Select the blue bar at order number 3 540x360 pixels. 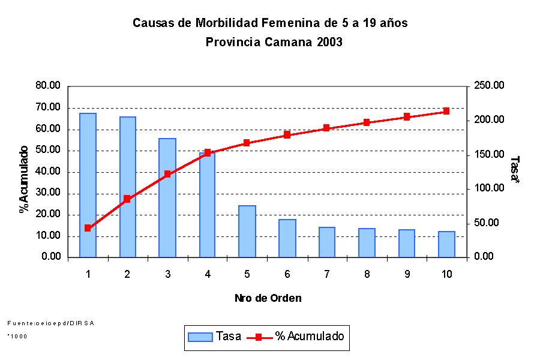[x=167, y=197]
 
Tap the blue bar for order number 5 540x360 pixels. [x=247, y=231]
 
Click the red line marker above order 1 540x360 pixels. [x=88, y=228]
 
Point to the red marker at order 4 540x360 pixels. [x=208, y=152]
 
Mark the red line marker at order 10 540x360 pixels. [x=446, y=111]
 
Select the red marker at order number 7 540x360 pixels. [x=326, y=128]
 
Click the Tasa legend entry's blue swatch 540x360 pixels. [x=200, y=337]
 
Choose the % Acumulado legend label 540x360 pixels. [x=310, y=337]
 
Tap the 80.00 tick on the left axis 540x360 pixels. [x=49, y=86]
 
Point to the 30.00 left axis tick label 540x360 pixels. [x=49, y=193]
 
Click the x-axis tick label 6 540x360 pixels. [x=287, y=274]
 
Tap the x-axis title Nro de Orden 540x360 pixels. [x=268, y=298]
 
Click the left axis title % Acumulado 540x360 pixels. [x=24, y=179]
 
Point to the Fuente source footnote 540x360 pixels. [x=51, y=323]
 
